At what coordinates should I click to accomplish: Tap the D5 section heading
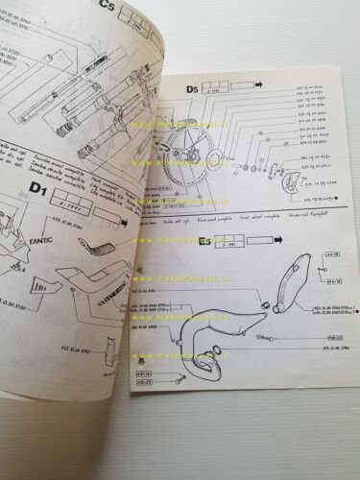192,90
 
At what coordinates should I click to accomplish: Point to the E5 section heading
204,242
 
